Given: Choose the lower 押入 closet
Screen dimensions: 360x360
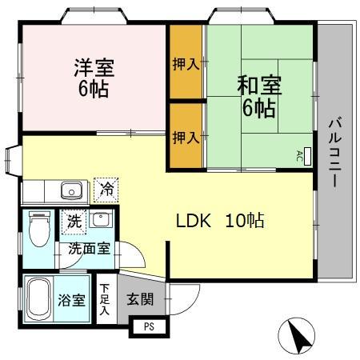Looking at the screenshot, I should (x=186, y=137).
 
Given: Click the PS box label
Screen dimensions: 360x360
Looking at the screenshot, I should (x=147, y=326).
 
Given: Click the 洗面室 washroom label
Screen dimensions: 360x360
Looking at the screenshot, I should (x=88, y=249).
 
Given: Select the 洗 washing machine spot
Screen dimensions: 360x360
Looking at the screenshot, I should (x=73, y=220).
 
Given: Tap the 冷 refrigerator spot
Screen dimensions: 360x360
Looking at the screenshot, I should (x=106, y=190).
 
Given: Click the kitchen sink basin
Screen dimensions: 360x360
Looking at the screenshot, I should (x=71, y=190).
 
